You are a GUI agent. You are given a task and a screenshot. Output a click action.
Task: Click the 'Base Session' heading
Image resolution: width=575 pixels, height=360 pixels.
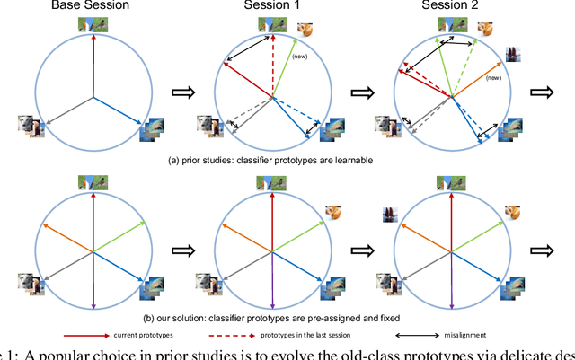(x=91, y=6)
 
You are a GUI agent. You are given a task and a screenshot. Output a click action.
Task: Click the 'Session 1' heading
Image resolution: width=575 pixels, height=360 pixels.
(x=270, y=6)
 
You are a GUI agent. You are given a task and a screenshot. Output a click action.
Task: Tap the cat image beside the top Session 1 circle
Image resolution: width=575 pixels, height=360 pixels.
(x=305, y=29)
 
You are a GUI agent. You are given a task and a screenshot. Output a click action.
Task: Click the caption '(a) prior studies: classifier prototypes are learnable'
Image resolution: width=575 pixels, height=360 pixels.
(x=269, y=160)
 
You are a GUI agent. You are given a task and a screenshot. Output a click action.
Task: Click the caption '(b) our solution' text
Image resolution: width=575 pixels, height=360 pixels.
(x=270, y=315)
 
